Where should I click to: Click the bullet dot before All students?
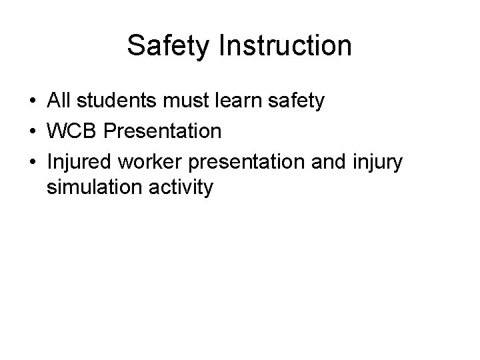pos(32,102)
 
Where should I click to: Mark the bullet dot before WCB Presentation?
pos(32,132)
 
